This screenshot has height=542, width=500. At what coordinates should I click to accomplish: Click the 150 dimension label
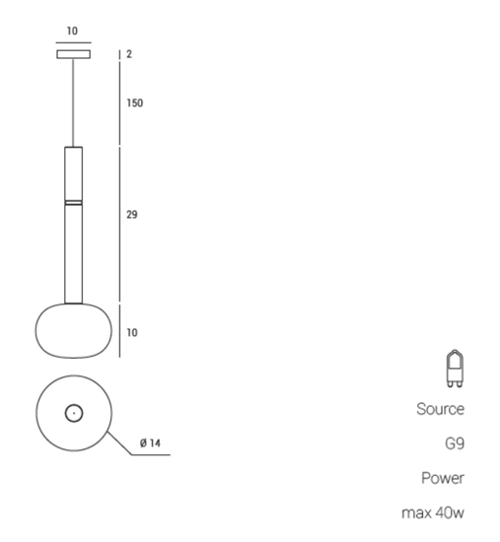pyautogui.click(x=134, y=103)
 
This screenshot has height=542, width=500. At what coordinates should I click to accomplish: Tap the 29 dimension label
pyautogui.click(x=132, y=215)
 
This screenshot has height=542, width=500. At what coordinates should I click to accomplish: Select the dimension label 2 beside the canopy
pyautogui.click(x=129, y=54)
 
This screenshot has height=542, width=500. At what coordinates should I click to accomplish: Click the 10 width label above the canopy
pyautogui.click(x=72, y=32)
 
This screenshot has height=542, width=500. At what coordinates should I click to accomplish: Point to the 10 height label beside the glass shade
pyautogui.click(x=132, y=332)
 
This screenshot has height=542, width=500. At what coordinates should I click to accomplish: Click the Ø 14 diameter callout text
pyautogui.click(x=150, y=443)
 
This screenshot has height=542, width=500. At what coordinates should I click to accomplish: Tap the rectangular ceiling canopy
pyautogui.click(x=74, y=54)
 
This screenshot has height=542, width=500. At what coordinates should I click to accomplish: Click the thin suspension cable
pyautogui.click(x=73, y=102)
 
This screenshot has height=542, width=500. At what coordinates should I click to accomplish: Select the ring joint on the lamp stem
pyautogui.click(x=74, y=203)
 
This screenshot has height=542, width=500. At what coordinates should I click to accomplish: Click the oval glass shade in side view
pyautogui.click(x=73, y=330)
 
